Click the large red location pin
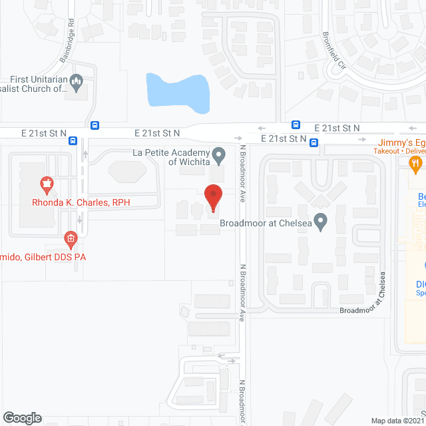[213, 196]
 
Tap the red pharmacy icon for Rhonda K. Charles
[47, 182]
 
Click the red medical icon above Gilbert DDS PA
[70, 238]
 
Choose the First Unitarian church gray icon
[77, 83]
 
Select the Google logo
[22, 417]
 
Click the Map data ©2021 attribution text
[397, 420]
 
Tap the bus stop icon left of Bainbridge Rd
[73, 140]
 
